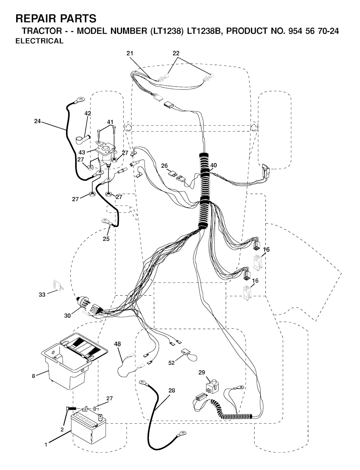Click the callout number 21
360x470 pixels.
pos(130,53)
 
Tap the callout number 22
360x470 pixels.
pos(176,53)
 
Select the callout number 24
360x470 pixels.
pos(37,121)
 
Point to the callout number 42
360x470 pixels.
pos(88,113)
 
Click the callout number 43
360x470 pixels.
pos(82,152)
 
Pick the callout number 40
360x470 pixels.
pos(213,165)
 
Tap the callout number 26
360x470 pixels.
pos(164,166)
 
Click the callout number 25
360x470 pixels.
pos(106,239)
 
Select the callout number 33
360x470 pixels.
pos(42,295)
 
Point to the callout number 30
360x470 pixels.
pos(67,316)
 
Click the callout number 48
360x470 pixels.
pos(117,344)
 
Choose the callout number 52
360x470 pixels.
pos(171,363)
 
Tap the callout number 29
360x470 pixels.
pos(202,379)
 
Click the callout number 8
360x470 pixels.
pos(33,376)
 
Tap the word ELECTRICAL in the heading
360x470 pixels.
pos(40,41)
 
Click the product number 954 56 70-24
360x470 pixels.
pos(314,31)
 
